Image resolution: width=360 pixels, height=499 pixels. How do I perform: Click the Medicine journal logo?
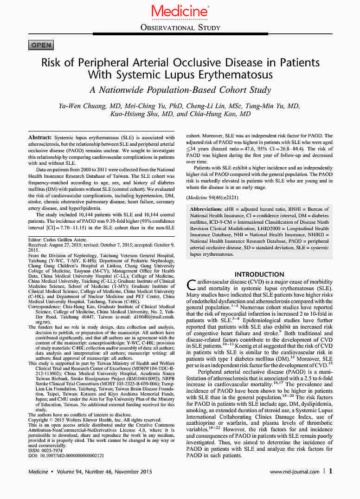pos(180,11)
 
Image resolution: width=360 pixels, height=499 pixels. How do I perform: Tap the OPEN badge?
pos(41,45)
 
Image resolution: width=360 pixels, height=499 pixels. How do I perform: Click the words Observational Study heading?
pos(180,28)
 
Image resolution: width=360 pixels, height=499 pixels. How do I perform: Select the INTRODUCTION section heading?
pos(259,274)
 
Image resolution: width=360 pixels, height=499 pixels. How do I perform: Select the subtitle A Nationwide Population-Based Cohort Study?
pos(180,90)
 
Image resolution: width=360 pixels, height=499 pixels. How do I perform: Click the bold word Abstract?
pos(40,138)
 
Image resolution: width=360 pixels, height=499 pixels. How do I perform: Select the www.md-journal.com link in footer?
pos(294,472)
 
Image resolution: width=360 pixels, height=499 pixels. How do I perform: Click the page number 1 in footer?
pos(330,472)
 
